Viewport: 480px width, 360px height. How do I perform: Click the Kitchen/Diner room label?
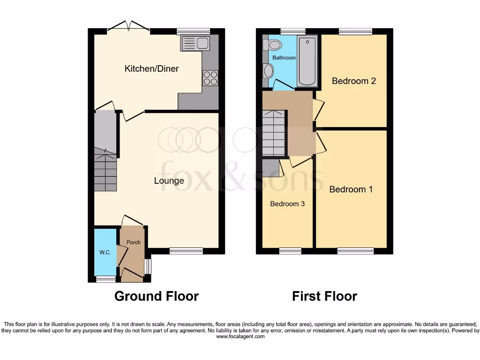[151, 69]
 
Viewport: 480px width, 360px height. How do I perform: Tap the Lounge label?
[169, 181]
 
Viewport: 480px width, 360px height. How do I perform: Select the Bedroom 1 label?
[351, 189]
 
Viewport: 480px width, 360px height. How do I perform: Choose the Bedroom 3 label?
[287, 204]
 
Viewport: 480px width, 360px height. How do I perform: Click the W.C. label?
[105, 253]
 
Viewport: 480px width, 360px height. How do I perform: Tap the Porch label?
[134, 242]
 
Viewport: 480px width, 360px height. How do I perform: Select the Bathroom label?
[284, 58]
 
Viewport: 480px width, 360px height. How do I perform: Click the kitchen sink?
[195, 43]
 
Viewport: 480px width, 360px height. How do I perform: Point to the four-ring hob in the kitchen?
[210, 78]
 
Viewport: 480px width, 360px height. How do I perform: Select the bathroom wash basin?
[269, 71]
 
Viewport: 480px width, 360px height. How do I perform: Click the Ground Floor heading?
[156, 296]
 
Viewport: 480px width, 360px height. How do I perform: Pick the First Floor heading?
[324, 296]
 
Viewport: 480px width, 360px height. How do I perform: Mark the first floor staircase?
[273, 133]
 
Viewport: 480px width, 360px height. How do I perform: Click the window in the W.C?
[105, 279]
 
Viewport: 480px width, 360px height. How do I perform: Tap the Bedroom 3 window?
[290, 251]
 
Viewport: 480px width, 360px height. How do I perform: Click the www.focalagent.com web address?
[240, 337]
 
